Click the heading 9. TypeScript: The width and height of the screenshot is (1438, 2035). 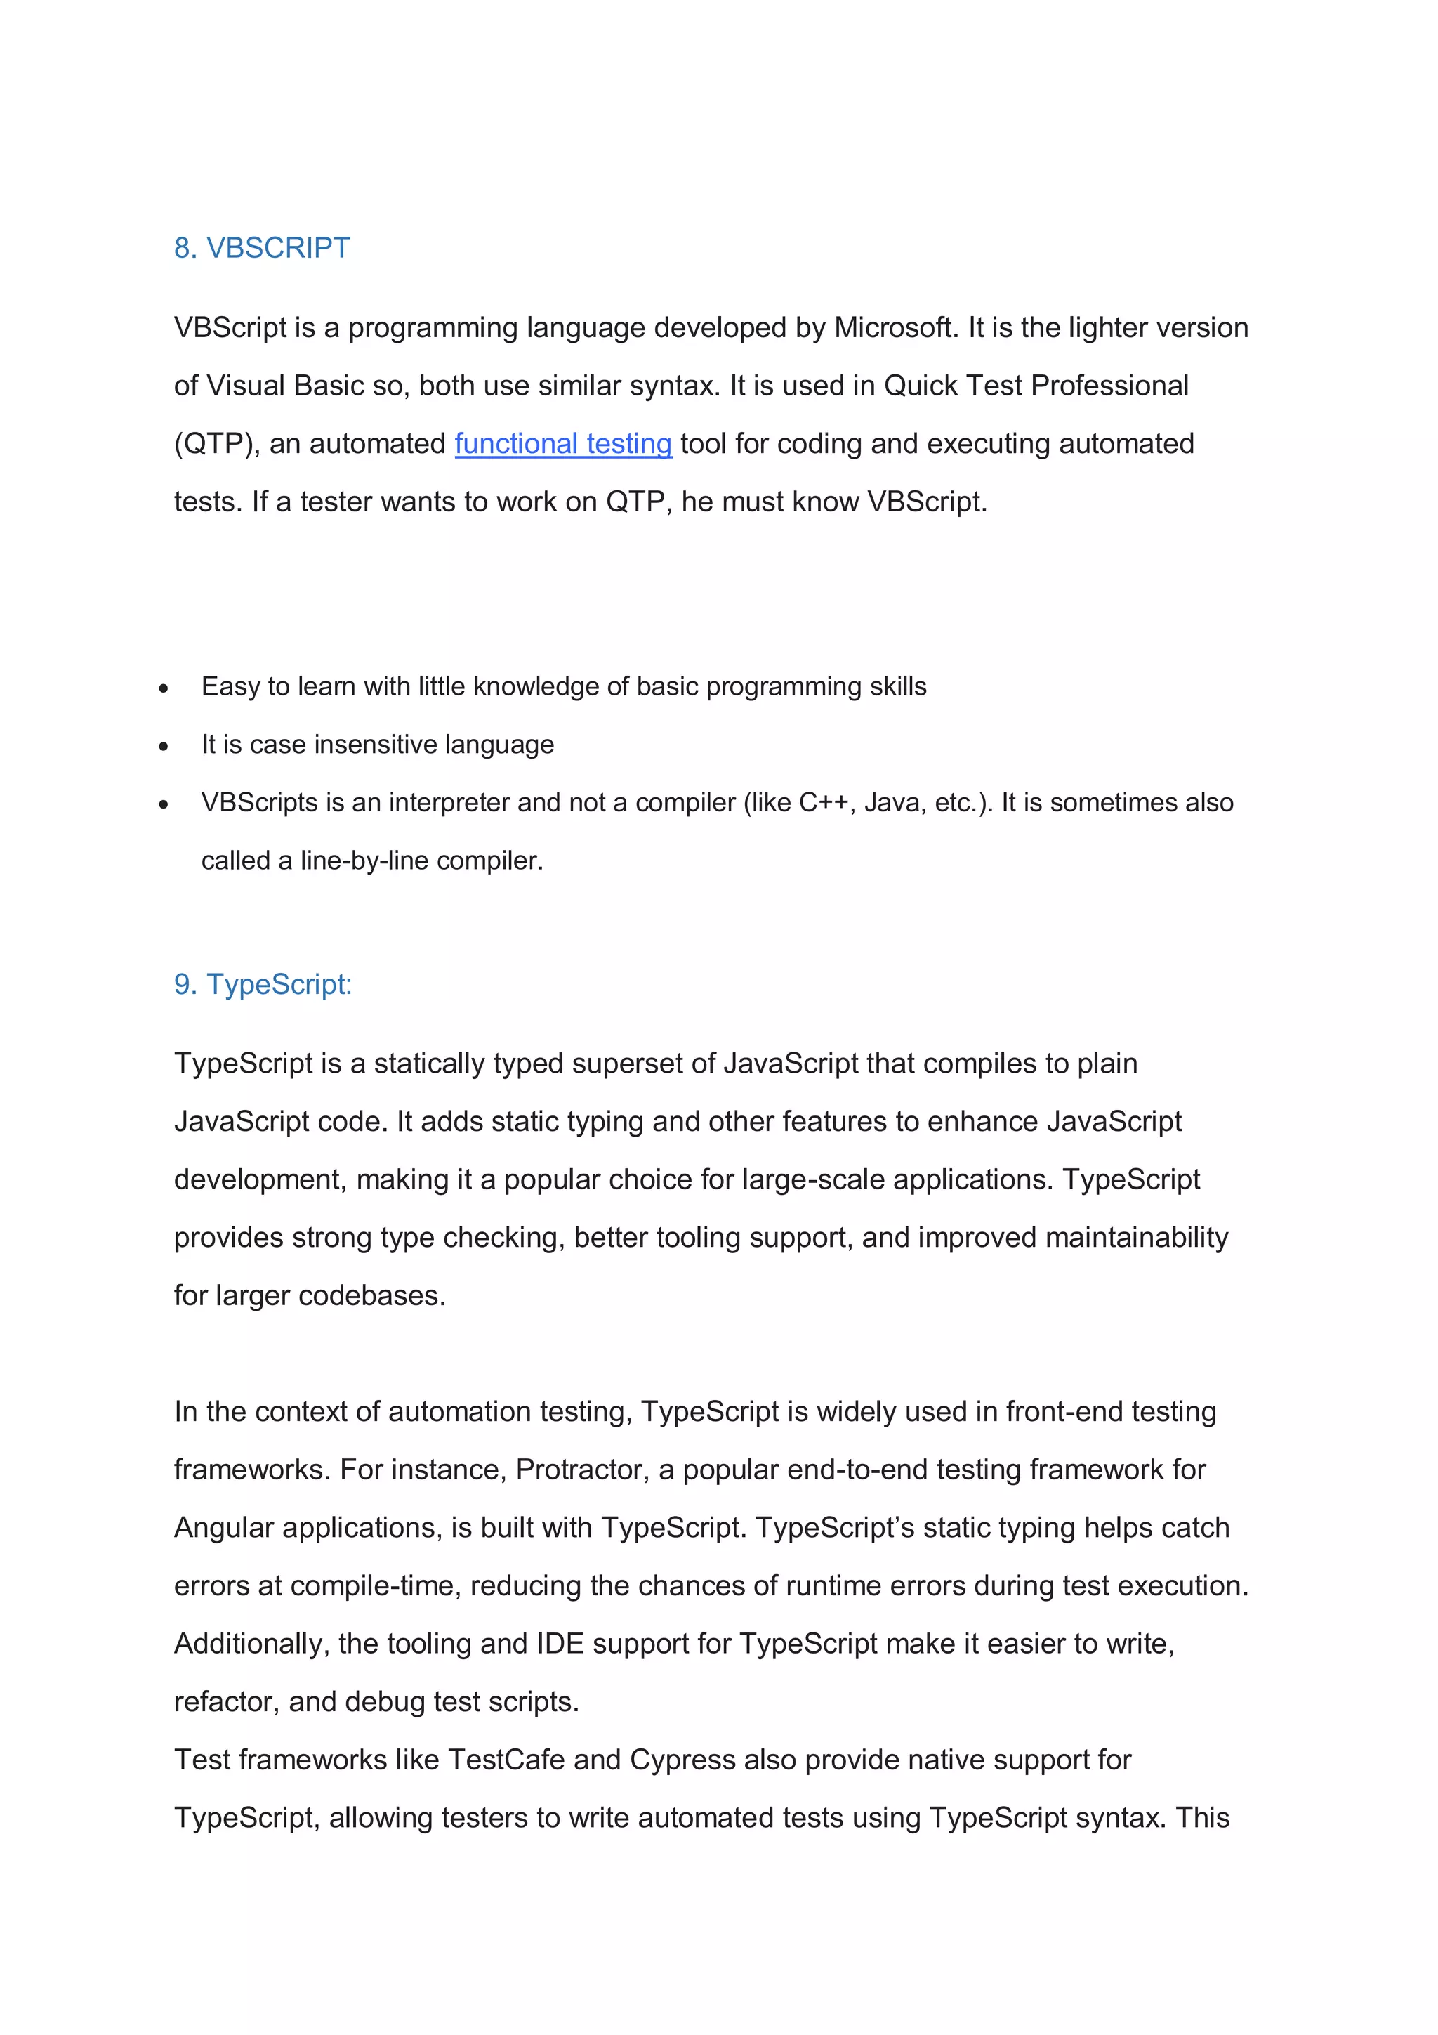(x=263, y=985)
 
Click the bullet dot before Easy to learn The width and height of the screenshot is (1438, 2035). (x=164, y=688)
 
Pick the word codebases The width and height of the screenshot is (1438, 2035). (x=371, y=1296)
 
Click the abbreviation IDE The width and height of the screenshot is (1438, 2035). (x=560, y=1644)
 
